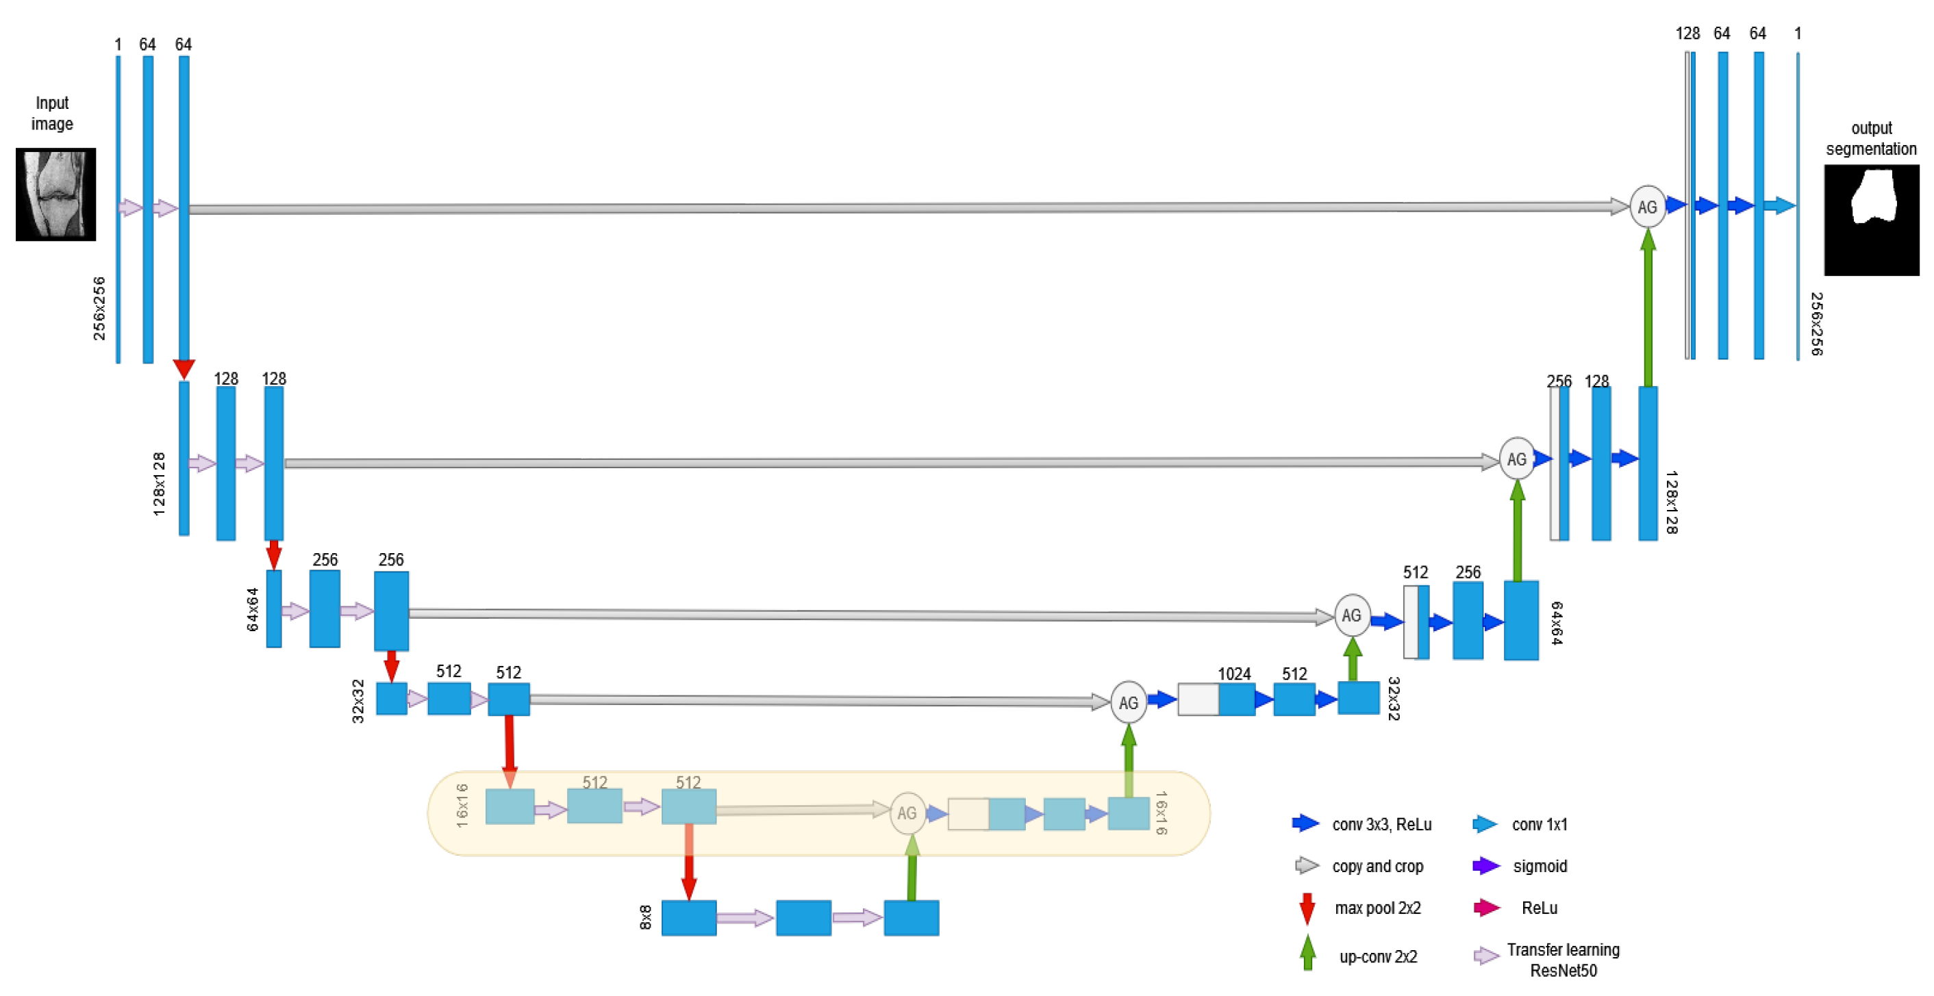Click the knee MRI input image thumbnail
pyautogui.click(x=55, y=194)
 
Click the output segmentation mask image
pyautogui.click(x=1871, y=219)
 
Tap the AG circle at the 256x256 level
pyautogui.click(x=1647, y=207)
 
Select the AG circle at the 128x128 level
pyautogui.click(x=1516, y=459)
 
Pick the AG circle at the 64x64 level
pyautogui.click(x=1351, y=615)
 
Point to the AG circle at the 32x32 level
pyautogui.click(x=1128, y=702)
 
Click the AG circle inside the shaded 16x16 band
pyautogui.click(x=907, y=813)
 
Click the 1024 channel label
pyautogui.click(x=1233, y=674)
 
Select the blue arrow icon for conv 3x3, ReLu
pyautogui.click(x=1305, y=823)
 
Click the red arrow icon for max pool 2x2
pyautogui.click(x=1307, y=908)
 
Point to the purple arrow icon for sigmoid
pyautogui.click(x=1486, y=866)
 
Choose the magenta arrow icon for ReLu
pyautogui.click(x=1486, y=908)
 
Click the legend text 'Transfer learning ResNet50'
pyautogui.click(x=1563, y=960)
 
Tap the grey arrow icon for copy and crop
pyautogui.click(x=1307, y=866)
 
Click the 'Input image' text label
pyautogui.click(x=52, y=114)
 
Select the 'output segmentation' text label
pyautogui.click(x=1871, y=138)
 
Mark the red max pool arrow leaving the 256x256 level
pyautogui.click(x=184, y=368)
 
